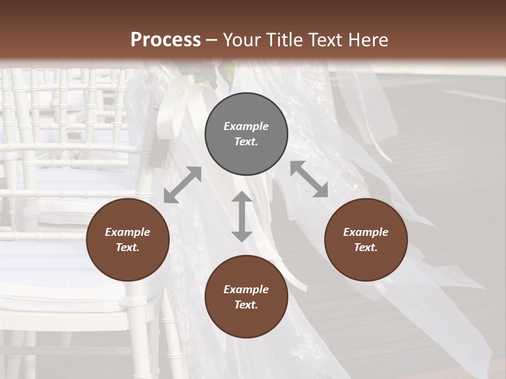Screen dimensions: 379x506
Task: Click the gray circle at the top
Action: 246,134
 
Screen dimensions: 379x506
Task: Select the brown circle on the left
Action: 128,240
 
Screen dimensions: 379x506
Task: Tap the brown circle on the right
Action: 366,240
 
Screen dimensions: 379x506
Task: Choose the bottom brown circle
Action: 246,297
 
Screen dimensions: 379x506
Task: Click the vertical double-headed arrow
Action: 242,216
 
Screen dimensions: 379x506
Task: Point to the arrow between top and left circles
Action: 182,185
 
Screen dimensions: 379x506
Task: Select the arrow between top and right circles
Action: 309,179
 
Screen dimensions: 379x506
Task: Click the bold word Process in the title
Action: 166,39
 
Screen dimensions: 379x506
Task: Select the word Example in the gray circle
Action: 246,126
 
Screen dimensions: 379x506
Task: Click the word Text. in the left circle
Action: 128,248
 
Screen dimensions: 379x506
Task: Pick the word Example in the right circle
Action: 366,232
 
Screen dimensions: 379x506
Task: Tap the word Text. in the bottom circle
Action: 246,305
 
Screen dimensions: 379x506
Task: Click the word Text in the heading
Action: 328,39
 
